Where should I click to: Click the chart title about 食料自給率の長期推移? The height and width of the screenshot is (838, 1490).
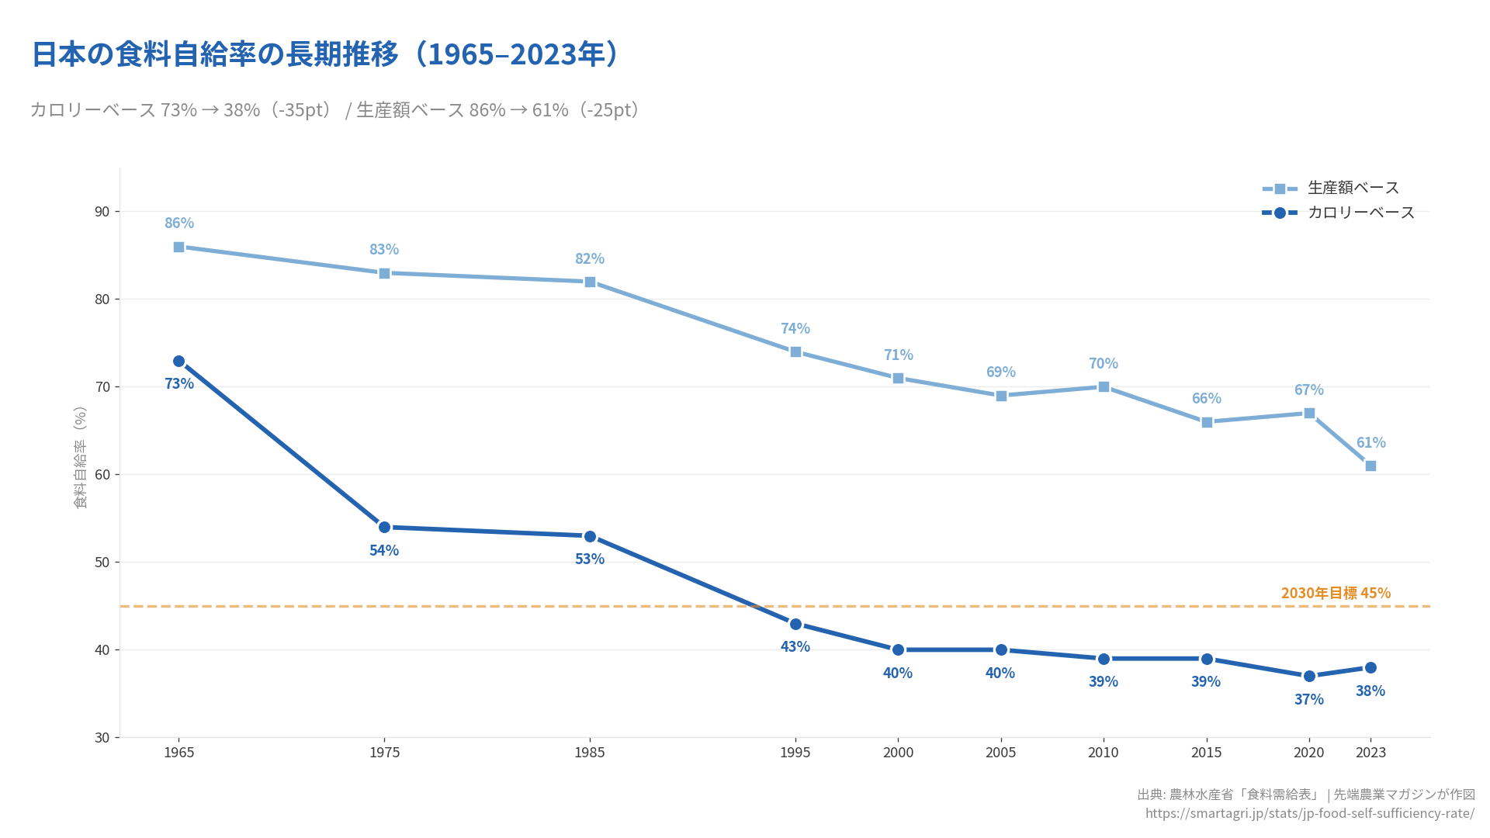click(x=325, y=54)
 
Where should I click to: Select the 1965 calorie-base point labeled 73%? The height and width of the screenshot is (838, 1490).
click(x=178, y=362)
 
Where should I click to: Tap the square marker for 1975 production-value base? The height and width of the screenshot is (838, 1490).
click(x=384, y=273)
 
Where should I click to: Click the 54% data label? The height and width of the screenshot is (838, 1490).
click(x=384, y=550)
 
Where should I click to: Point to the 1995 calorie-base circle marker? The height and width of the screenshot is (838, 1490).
click(x=795, y=624)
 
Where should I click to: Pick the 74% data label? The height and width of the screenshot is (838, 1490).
click(x=795, y=328)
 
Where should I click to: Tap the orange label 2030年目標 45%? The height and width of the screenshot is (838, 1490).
click(x=1336, y=593)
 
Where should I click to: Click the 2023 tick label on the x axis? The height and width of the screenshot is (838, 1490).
click(x=1370, y=753)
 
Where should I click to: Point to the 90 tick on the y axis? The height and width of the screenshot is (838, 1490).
click(x=102, y=212)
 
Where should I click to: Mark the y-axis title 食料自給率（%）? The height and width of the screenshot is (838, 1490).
click(x=80, y=458)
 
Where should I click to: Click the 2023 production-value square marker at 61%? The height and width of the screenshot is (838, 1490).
click(x=1370, y=466)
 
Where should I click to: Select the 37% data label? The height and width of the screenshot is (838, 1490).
click(x=1309, y=699)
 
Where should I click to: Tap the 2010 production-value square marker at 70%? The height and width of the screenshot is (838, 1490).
click(x=1104, y=387)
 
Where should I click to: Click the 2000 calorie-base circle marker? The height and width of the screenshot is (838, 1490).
click(x=898, y=650)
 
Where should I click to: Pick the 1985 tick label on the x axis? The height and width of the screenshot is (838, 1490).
click(x=590, y=753)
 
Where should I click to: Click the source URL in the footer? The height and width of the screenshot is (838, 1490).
click(x=1309, y=813)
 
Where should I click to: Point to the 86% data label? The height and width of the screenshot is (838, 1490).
click(x=179, y=223)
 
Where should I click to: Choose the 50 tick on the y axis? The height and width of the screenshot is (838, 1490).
click(x=102, y=563)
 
